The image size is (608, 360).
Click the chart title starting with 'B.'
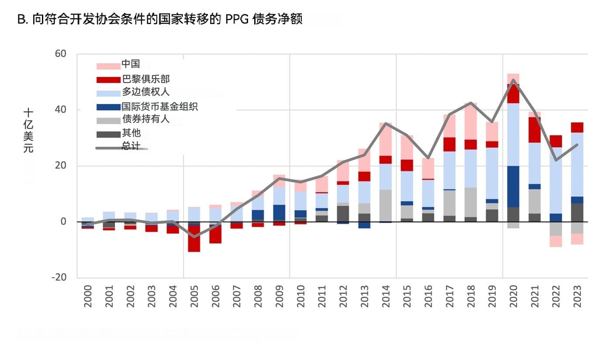tap(159, 20)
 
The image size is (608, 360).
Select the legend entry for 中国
tap(131, 64)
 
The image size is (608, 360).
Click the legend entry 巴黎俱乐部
tap(145, 79)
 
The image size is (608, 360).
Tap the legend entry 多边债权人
tap(145, 92)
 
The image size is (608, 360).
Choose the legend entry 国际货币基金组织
tap(159, 106)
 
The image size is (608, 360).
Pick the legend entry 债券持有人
tap(145, 119)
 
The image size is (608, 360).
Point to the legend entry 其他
tap(131, 133)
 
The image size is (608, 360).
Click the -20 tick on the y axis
tap(59, 277)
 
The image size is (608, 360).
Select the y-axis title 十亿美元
tap(28, 130)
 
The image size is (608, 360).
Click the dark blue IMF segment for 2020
tap(513, 187)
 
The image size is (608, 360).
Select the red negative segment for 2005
tap(194, 239)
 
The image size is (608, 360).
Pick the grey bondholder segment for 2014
tap(385, 205)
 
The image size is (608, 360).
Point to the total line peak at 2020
tap(513, 80)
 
